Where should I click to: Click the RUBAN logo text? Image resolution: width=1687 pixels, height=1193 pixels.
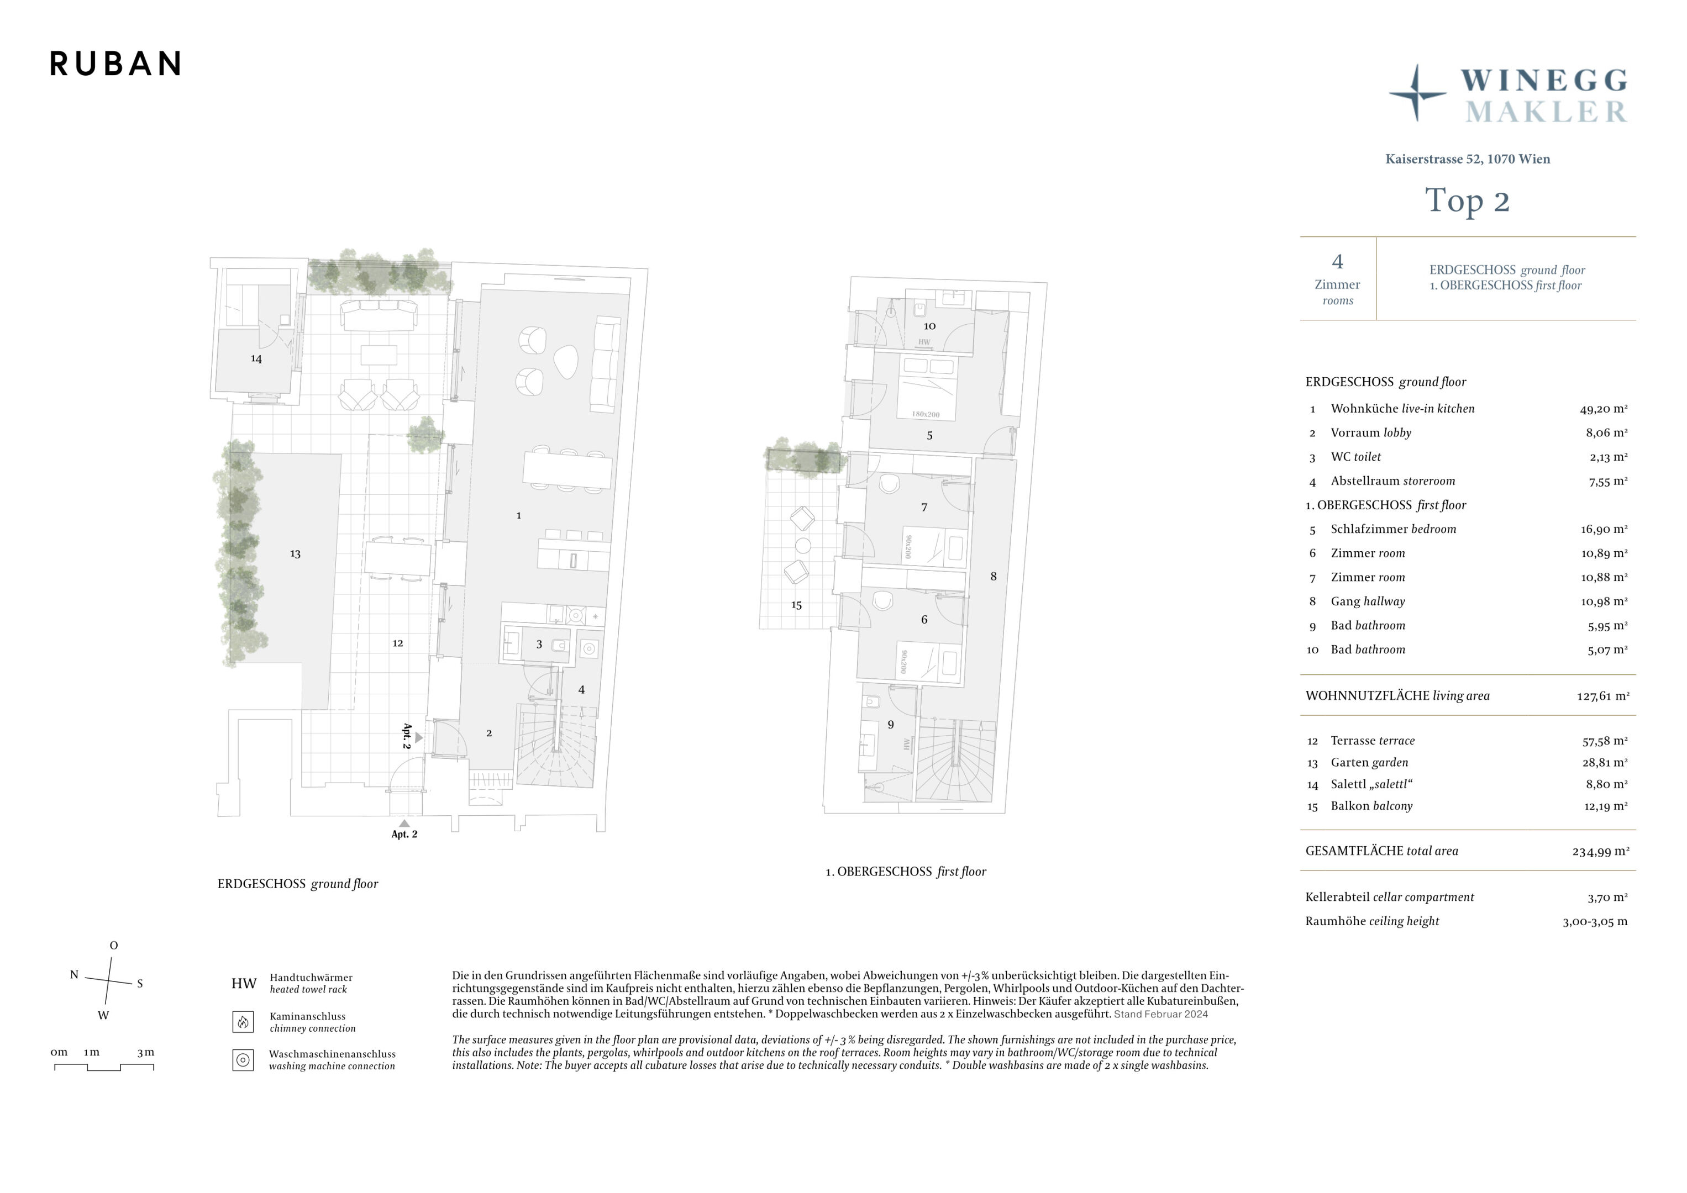(x=115, y=64)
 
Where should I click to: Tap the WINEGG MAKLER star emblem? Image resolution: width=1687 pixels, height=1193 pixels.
(x=1417, y=93)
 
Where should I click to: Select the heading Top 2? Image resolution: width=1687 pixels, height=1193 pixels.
(x=1467, y=201)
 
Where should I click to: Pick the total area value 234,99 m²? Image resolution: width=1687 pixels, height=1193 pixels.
(x=1600, y=852)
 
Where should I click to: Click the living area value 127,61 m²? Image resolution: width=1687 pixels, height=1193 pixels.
(x=1602, y=696)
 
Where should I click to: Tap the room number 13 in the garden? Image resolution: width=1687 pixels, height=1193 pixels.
(x=296, y=554)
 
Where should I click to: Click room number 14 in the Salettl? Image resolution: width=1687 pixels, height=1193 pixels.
(x=256, y=359)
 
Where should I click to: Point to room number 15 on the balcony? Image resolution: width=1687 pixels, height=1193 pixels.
(x=796, y=605)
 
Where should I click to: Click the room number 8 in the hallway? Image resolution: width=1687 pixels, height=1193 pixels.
(x=994, y=577)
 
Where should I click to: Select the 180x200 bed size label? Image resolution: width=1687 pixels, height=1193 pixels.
(x=926, y=414)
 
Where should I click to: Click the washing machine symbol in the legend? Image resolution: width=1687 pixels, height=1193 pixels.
(x=243, y=1060)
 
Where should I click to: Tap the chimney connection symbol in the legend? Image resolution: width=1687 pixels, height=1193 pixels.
(x=243, y=1022)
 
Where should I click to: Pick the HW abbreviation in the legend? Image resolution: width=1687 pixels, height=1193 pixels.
(x=244, y=984)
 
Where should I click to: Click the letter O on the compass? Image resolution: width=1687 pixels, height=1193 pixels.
(x=113, y=946)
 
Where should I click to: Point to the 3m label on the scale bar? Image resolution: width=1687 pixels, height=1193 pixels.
(x=145, y=1052)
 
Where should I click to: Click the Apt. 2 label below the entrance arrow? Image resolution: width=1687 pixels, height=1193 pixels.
(x=404, y=835)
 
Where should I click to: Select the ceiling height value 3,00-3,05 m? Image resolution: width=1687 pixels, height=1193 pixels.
(x=1594, y=922)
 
